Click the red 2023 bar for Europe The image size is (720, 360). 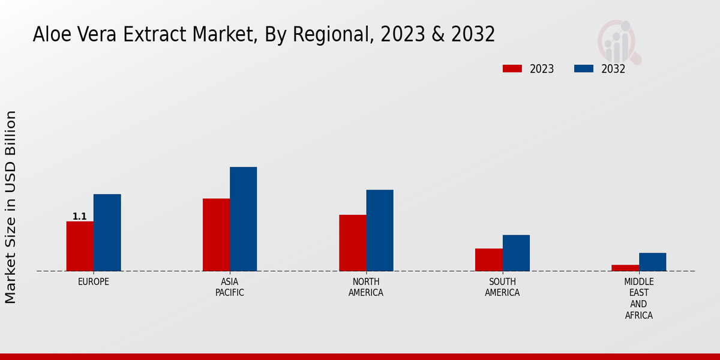80,246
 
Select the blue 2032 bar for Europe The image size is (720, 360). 107,232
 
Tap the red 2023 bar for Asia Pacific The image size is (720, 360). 216,235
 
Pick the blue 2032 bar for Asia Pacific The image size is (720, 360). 243,219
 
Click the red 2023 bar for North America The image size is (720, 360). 352,243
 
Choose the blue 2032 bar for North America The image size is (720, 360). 380,230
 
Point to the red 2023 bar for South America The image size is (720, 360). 488,260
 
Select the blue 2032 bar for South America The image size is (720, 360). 516,253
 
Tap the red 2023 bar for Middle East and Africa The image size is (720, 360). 625,268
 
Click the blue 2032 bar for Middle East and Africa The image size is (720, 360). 652,262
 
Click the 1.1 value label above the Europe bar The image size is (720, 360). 80,217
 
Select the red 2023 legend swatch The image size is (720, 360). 512,68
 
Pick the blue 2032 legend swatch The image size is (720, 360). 584,68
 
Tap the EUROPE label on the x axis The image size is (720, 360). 94,281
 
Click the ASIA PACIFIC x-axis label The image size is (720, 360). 230,287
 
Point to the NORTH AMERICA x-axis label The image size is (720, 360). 366,287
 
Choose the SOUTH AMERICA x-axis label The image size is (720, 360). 502,287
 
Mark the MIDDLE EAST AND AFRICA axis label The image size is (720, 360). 639,298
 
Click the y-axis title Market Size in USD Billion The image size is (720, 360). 11,207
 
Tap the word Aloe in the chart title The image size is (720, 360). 47,35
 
